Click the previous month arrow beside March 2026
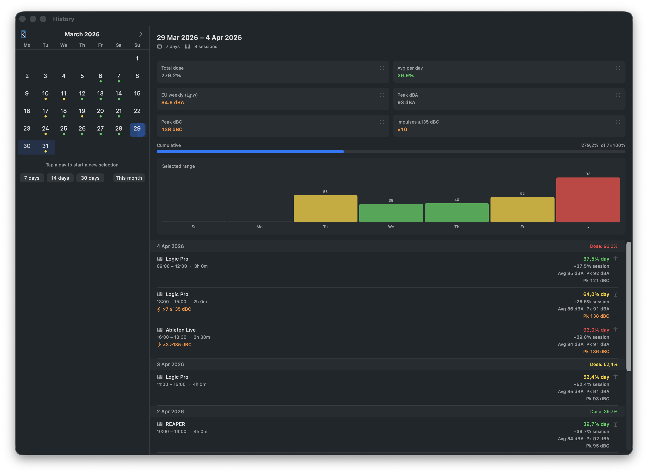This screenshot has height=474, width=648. tap(24, 34)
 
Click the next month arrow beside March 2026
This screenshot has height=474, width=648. tap(141, 34)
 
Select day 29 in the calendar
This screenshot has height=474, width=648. tap(137, 129)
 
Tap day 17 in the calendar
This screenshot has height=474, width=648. tap(45, 111)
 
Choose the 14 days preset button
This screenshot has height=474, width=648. tap(60, 178)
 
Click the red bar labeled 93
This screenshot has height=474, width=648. tap(588, 200)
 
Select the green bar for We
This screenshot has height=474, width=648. tap(391, 213)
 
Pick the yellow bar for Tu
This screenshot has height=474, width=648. tap(325, 209)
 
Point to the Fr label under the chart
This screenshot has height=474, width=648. tap(522, 227)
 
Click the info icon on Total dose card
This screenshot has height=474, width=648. tap(382, 68)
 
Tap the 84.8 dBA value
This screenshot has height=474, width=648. tap(173, 102)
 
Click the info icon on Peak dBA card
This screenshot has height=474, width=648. tap(618, 95)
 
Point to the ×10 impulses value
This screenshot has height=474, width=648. tap(402, 129)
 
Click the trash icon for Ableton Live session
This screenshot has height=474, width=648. tap(615, 330)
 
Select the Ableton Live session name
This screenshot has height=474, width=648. tap(180, 330)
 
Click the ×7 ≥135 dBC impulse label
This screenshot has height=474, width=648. tap(177, 309)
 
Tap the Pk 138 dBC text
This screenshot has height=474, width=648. tap(596, 316)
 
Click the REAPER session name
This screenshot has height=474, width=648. tap(175, 424)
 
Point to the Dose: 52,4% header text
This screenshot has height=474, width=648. tap(604, 364)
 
